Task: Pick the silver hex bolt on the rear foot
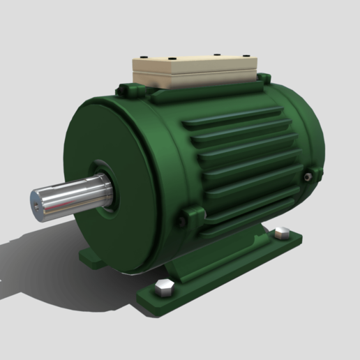tap(282, 233)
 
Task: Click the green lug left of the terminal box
tap(130, 89)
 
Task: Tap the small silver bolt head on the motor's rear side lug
tap(308, 179)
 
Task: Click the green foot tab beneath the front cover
tap(91, 259)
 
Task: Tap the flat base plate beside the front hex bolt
tap(188, 293)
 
